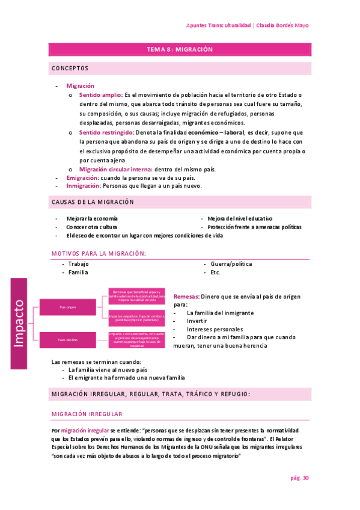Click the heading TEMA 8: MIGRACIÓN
(x=180, y=50)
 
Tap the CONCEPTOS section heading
(x=70, y=69)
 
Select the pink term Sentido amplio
(x=100, y=95)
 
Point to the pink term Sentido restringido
(x=106, y=132)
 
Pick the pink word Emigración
(x=82, y=177)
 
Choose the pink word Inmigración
(x=83, y=186)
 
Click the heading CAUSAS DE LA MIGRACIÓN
(x=93, y=202)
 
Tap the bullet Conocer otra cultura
(x=92, y=227)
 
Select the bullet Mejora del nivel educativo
(x=240, y=218)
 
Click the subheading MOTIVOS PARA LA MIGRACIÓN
(x=99, y=253)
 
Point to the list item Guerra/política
(x=231, y=264)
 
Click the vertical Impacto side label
(x=19, y=323)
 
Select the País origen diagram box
(x=67, y=307)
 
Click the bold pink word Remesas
(x=186, y=297)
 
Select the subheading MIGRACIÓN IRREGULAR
(x=87, y=414)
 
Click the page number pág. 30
(x=299, y=478)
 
